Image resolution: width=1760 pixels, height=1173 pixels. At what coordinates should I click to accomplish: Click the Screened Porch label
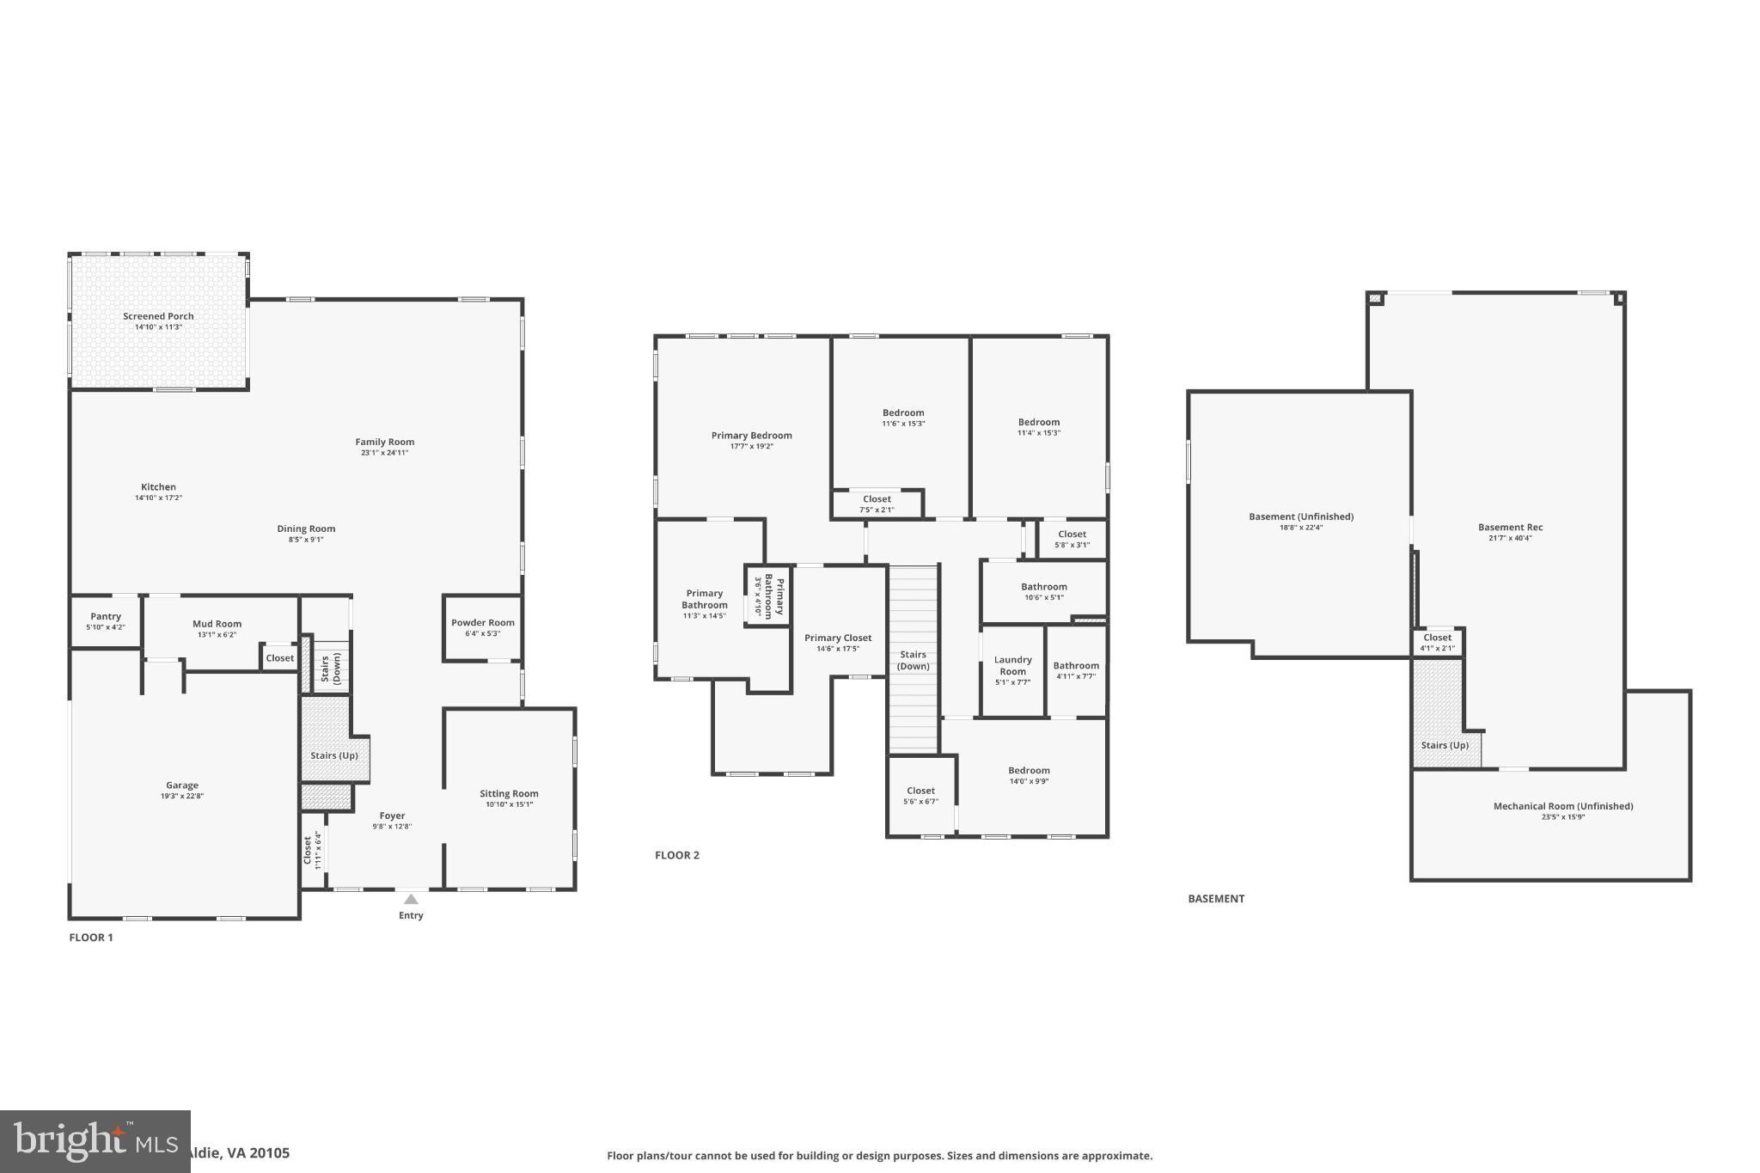tap(158, 316)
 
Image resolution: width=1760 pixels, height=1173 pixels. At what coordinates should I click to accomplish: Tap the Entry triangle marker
tap(411, 899)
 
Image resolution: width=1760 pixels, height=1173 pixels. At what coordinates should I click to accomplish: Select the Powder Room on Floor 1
tap(482, 627)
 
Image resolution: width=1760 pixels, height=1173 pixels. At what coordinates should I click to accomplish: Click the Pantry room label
tap(106, 616)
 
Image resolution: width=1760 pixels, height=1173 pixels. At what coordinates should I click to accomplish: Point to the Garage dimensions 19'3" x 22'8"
tap(182, 797)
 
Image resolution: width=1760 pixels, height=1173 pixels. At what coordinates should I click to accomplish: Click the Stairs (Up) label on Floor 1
tap(333, 756)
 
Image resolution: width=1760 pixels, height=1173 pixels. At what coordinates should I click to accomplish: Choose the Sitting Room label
tap(509, 794)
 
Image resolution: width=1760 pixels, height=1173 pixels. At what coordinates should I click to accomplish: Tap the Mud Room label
tap(217, 624)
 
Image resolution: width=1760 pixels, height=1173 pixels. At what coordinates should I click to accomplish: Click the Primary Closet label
tap(838, 638)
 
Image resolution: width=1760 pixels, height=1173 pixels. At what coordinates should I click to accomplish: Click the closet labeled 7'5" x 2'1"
tap(877, 504)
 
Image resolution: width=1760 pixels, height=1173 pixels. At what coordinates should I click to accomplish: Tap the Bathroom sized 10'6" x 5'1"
tap(1043, 591)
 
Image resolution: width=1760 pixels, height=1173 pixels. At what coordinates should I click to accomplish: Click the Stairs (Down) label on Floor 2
tap(913, 660)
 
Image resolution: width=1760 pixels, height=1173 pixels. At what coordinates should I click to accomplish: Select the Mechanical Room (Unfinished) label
tap(1562, 806)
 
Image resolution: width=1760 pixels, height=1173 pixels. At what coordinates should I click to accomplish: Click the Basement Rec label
tap(1510, 528)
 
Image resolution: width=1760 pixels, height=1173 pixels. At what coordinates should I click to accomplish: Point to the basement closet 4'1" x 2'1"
tap(1437, 642)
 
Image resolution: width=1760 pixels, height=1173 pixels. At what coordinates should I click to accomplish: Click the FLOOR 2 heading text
tap(677, 855)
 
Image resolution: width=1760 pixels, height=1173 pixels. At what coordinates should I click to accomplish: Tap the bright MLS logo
tap(95, 1141)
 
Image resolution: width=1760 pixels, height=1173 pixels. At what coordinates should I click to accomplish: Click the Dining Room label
tap(306, 529)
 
